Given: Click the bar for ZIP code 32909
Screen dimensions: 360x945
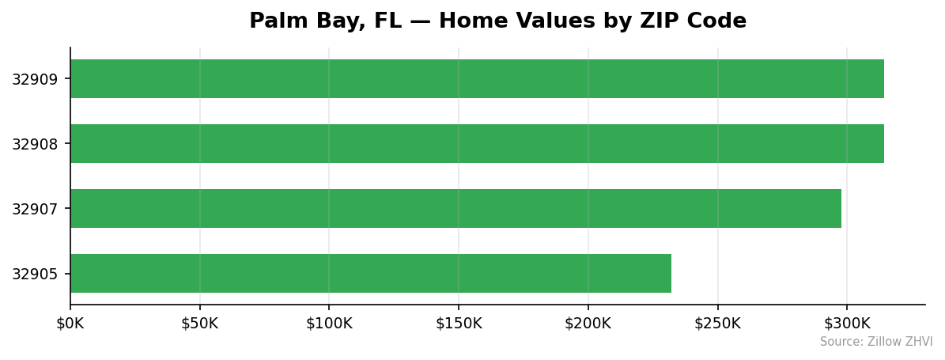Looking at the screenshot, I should pyautogui.click(x=477, y=79).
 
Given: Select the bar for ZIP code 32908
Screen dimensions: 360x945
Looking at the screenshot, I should pyautogui.click(x=477, y=144).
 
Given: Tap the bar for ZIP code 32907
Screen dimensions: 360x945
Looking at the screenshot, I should pyautogui.click(x=455, y=209).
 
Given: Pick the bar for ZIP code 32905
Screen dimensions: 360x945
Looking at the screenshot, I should pyautogui.click(x=370, y=274).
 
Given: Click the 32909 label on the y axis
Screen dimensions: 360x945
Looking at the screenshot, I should pyautogui.click(x=34, y=79).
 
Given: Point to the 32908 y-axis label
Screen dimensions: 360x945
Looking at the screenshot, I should pyautogui.click(x=34, y=144).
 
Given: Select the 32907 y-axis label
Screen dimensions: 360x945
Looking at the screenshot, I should pyautogui.click(x=34, y=209).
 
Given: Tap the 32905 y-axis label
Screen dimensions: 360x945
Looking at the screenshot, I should pyautogui.click(x=34, y=274).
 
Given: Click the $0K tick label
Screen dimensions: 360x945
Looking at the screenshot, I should pyautogui.click(x=70, y=323).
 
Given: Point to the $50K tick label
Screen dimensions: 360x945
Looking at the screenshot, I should pyautogui.click(x=199, y=323).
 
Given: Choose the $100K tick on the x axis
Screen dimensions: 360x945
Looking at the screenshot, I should pyautogui.click(x=329, y=323).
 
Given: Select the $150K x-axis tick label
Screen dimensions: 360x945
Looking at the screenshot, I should pyautogui.click(x=459, y=323).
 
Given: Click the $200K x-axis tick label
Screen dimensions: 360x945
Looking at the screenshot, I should pyautogui.click(x=588, y=323).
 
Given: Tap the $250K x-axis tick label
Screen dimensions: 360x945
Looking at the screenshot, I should pyautogui.click(x=717, y=323).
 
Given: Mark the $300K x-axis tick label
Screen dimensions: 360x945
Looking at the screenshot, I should pyautogui.click(x=847, y=323).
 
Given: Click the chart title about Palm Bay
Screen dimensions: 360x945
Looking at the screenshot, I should pyautogui.click(x=497, y=21).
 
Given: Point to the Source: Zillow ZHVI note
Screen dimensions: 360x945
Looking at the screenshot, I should pyautogui.click(x=876, y=342).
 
